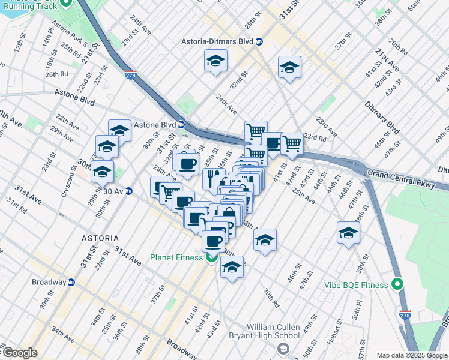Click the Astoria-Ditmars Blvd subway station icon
click(260, 42)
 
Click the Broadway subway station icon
click(71, 283)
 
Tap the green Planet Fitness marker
click(211, 258)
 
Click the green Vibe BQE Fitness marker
click(397, 284)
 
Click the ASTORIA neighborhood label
click(100, 238)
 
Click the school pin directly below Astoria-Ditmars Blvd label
click(215, 61)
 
